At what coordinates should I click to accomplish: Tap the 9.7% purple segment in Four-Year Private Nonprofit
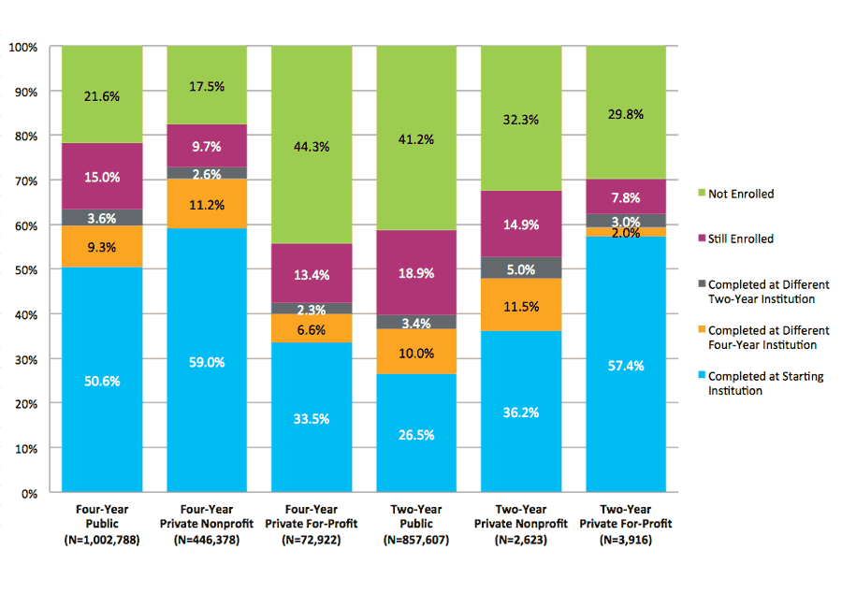pyautogui.click(x=207, y=146)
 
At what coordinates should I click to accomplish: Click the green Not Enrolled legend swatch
pyautogui.click(x=698, y=195)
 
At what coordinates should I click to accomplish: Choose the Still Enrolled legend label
pyautogui.click(x=741, y=239)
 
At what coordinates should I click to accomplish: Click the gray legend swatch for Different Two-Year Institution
pyautogui.click(x=698, y=284)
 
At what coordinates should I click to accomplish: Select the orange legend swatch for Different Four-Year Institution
pyautogui.click(x=698, y=330)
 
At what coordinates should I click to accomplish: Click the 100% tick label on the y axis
pyautogui.click(x=22, y=47)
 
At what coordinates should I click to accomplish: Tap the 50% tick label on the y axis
pyautogui.click(x=25, y=270)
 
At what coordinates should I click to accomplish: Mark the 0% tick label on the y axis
pyautogui.click(x=28, y=493)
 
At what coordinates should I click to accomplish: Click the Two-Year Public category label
pyautogui.click(x=416, y=516)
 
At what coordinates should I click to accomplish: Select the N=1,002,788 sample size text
pyautogui.click(x=102, y=541)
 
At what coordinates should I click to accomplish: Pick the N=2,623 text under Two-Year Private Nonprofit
pyautogui.click(x=521, y=541)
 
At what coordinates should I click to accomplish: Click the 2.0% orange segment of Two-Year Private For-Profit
pyautogui.click(x=626, y=232)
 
